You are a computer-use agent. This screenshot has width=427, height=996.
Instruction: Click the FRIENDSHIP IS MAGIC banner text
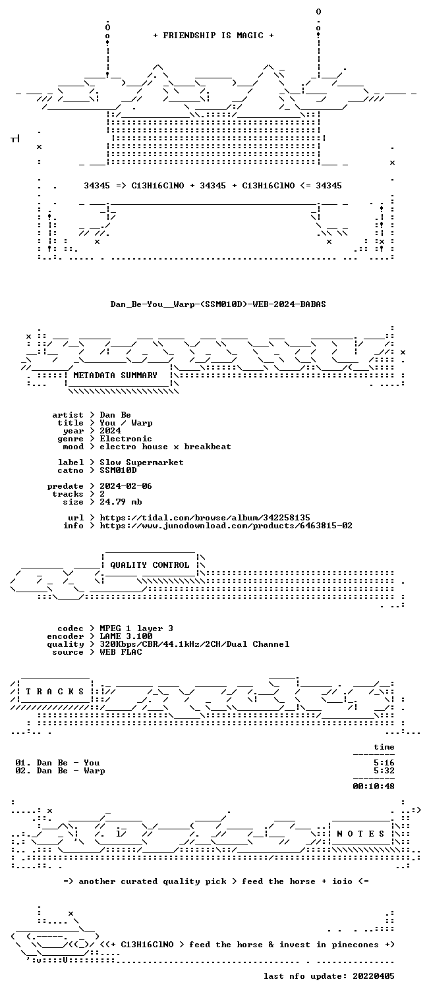pos(213,36)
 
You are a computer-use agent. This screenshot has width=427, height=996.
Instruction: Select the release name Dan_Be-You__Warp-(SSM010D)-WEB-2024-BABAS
pos(218,304)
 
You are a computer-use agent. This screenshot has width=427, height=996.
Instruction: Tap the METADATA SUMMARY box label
pos(115,375)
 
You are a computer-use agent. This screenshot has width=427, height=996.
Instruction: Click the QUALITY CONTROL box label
pos(150,565)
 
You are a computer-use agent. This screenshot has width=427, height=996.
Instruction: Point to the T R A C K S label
pos(55,692)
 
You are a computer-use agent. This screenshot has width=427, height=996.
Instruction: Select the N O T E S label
pos(360,834)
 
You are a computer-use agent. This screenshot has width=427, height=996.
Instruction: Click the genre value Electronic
pos(126,439)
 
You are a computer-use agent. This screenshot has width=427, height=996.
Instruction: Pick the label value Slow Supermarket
pos(142,462)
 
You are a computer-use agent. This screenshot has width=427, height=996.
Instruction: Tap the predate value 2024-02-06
pos(126,486)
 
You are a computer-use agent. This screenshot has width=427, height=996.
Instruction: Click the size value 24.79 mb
pos(121,502)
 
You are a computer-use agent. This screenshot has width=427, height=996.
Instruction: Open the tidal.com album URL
pos(204,518)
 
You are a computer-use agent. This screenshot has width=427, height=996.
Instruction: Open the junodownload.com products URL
pos(226,526)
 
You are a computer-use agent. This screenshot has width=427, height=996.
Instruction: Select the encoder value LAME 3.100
pos(126,636)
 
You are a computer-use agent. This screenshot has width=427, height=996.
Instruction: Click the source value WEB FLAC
pos(121,652)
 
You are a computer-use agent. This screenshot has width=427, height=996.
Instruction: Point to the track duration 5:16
pos(384,763)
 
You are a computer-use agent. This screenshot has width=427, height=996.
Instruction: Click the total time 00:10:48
pos(374,787)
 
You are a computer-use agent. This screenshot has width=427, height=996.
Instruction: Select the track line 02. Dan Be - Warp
pos(60,771)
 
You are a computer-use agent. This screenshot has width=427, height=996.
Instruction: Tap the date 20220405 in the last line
pos(374,976)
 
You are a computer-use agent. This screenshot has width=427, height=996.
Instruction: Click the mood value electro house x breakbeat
pos(165,447)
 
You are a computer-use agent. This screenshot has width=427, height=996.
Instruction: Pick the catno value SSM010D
pos(118,470)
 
